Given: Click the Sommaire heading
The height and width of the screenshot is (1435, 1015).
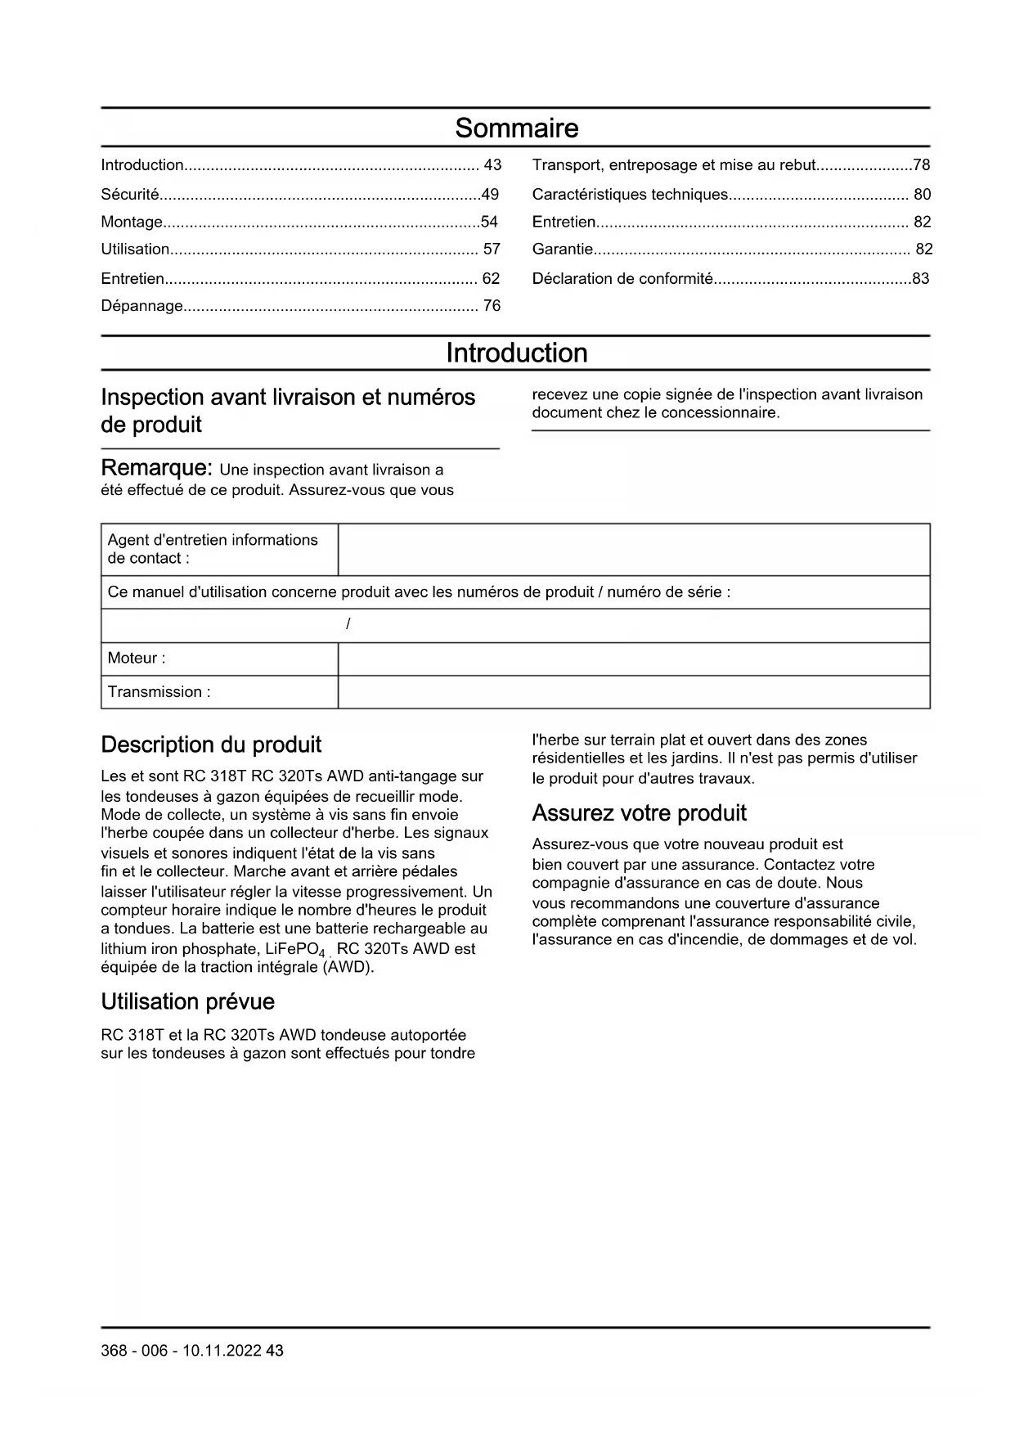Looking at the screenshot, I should tap(516, 128).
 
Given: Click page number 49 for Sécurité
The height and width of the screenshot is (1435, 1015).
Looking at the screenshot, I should tap(490, 195).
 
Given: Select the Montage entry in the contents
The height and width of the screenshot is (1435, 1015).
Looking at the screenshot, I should tap(132, 223).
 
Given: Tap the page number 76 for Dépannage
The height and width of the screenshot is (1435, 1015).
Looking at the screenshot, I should tap(492, 306).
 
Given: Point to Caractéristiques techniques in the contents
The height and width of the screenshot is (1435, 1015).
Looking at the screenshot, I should tap(630, 195).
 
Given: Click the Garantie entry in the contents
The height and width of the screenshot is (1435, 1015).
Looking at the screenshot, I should tap(563, 250).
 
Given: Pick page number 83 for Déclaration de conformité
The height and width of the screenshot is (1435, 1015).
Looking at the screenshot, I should tap(921, 279).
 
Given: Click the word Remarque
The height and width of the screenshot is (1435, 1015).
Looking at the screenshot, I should tap(156, 469).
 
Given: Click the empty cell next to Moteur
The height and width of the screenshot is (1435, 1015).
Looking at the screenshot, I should tap(633, 659).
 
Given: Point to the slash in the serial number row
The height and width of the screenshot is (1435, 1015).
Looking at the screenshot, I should tap(348, 625).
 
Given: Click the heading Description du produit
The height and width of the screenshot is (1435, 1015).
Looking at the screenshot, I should tap(211, 745).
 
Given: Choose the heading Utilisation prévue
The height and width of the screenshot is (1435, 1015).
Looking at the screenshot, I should tap(187, 1002).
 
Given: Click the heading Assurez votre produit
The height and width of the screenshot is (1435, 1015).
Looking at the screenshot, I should tap(639, 813).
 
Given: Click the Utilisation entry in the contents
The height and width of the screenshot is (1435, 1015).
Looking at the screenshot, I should tap(135, 250).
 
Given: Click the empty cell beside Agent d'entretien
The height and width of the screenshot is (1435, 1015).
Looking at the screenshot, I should tap(633, 550).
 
